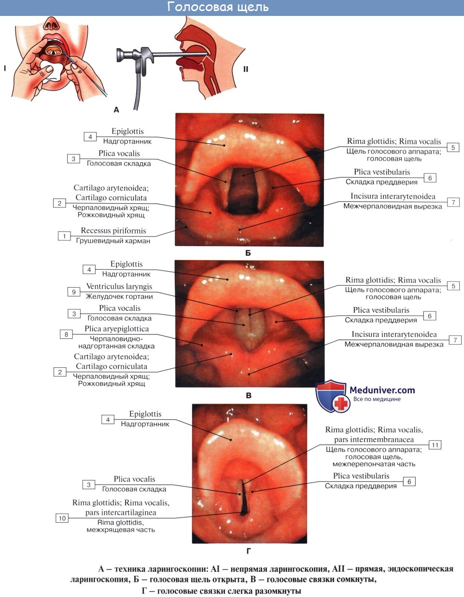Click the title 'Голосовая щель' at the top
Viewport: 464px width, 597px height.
(x=218, y=7)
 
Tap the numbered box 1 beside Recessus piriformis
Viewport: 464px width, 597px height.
(x=64, y=236)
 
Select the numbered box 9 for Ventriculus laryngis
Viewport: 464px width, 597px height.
(x=74, y=292)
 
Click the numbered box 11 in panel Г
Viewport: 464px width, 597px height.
(x=435, y=445)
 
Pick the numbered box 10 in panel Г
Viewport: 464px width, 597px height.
(x=62, y=518)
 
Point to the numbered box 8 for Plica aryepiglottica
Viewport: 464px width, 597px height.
(x=66, y=334)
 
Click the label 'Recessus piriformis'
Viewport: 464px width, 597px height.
(x=113, y=231)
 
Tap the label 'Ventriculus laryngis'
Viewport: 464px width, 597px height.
(x=119, y=286)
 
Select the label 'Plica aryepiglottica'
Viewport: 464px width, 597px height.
(x=116, y=329)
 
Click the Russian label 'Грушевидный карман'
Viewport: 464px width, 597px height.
(x=113, y=241)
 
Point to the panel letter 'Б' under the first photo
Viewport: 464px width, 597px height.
(x=248, y=253)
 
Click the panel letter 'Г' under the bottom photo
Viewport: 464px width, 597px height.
(x=249, y=551)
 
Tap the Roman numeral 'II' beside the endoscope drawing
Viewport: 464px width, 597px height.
(x=246, y=69)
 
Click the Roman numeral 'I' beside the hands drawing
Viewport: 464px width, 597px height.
(x=5, y=68)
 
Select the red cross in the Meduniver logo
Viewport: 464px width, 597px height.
(x=342, y=403)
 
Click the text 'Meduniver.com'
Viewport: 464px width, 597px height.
(x=382, y=390)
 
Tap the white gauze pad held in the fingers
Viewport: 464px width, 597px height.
(x=50, y=71)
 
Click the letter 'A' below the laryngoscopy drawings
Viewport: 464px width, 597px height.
(x=116, y=110)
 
